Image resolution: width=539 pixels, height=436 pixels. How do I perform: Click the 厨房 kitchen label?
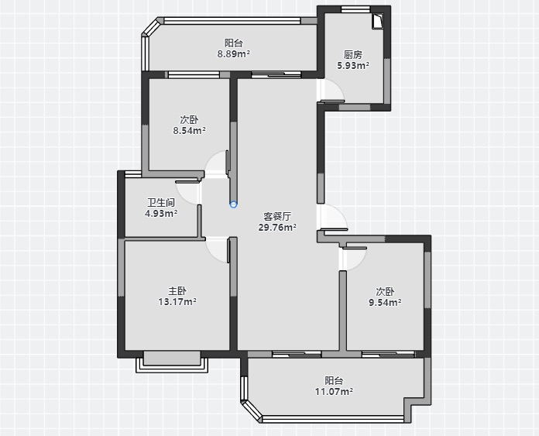[353, 55]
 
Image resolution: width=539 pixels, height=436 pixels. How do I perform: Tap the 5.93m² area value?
[353, 65]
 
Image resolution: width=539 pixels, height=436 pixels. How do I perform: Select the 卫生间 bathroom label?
[161, 203]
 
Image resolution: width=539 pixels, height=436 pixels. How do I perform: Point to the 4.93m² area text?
[161, 214]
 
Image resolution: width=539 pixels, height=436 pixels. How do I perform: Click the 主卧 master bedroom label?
[177, 291]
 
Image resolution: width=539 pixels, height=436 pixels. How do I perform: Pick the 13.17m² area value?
[177, 302]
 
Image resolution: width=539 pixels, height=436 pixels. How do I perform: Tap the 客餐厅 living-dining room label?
[277, 216]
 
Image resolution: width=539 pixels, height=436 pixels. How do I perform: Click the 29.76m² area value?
[277, 227]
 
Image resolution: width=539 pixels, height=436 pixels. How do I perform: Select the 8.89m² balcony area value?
[234, 54]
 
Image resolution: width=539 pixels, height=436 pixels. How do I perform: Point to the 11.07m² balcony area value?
[334, 391]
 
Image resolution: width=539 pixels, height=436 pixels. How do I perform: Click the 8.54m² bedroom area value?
[190, 131]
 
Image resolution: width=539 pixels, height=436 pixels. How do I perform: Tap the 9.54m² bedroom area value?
[385, 303]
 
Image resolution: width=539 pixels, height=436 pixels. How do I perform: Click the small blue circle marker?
[233, 204]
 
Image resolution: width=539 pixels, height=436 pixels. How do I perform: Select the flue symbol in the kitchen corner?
[378, 22]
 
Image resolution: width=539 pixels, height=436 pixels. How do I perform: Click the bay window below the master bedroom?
[172, 362]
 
